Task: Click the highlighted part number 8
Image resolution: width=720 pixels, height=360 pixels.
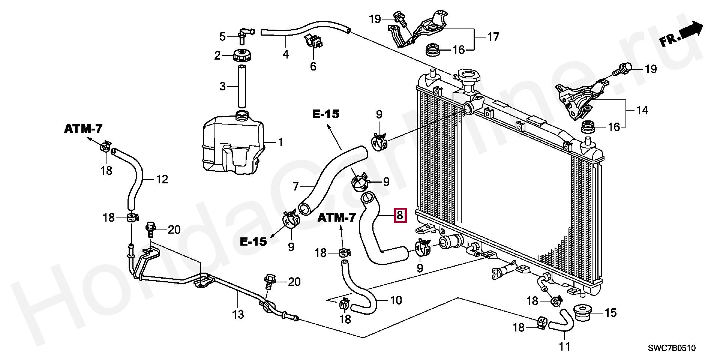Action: (x=400, y=215)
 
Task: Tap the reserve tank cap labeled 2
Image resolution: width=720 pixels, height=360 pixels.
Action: (x=242, y=56)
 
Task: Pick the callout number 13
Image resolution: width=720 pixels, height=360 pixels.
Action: (x=238, y=314)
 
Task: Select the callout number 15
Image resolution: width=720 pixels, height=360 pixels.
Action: (x=611, y=312)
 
